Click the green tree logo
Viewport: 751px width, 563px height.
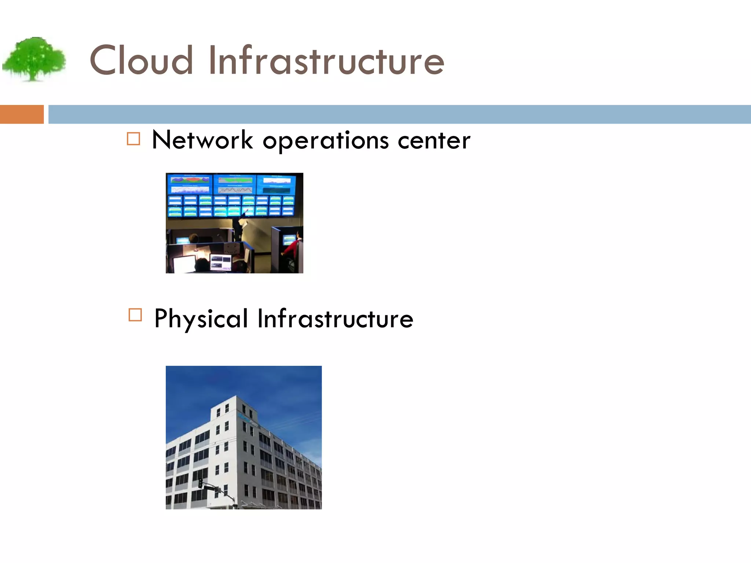click(x=34, y=59)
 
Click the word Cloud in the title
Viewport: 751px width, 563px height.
click(x=141, y=60)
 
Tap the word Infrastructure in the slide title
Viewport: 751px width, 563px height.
click(x=326, y=60)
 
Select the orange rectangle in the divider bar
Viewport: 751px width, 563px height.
click(x=22, y=114)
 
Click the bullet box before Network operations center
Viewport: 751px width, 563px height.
click(x=133, y=139)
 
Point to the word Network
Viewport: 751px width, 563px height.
click(x=202, y=140)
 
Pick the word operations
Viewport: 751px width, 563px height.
click(x=326, y=141)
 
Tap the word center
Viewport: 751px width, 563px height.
click(x=434, y=141)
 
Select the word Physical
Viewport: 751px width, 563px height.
click(x=201, y=319)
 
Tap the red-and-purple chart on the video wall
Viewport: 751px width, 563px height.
click(x=190, y=180)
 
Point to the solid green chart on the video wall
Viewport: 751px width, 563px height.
click(x=235, y=180)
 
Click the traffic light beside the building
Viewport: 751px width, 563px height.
click(x=200, y=483)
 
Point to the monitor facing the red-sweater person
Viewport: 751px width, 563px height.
click(x=289, y=240)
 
